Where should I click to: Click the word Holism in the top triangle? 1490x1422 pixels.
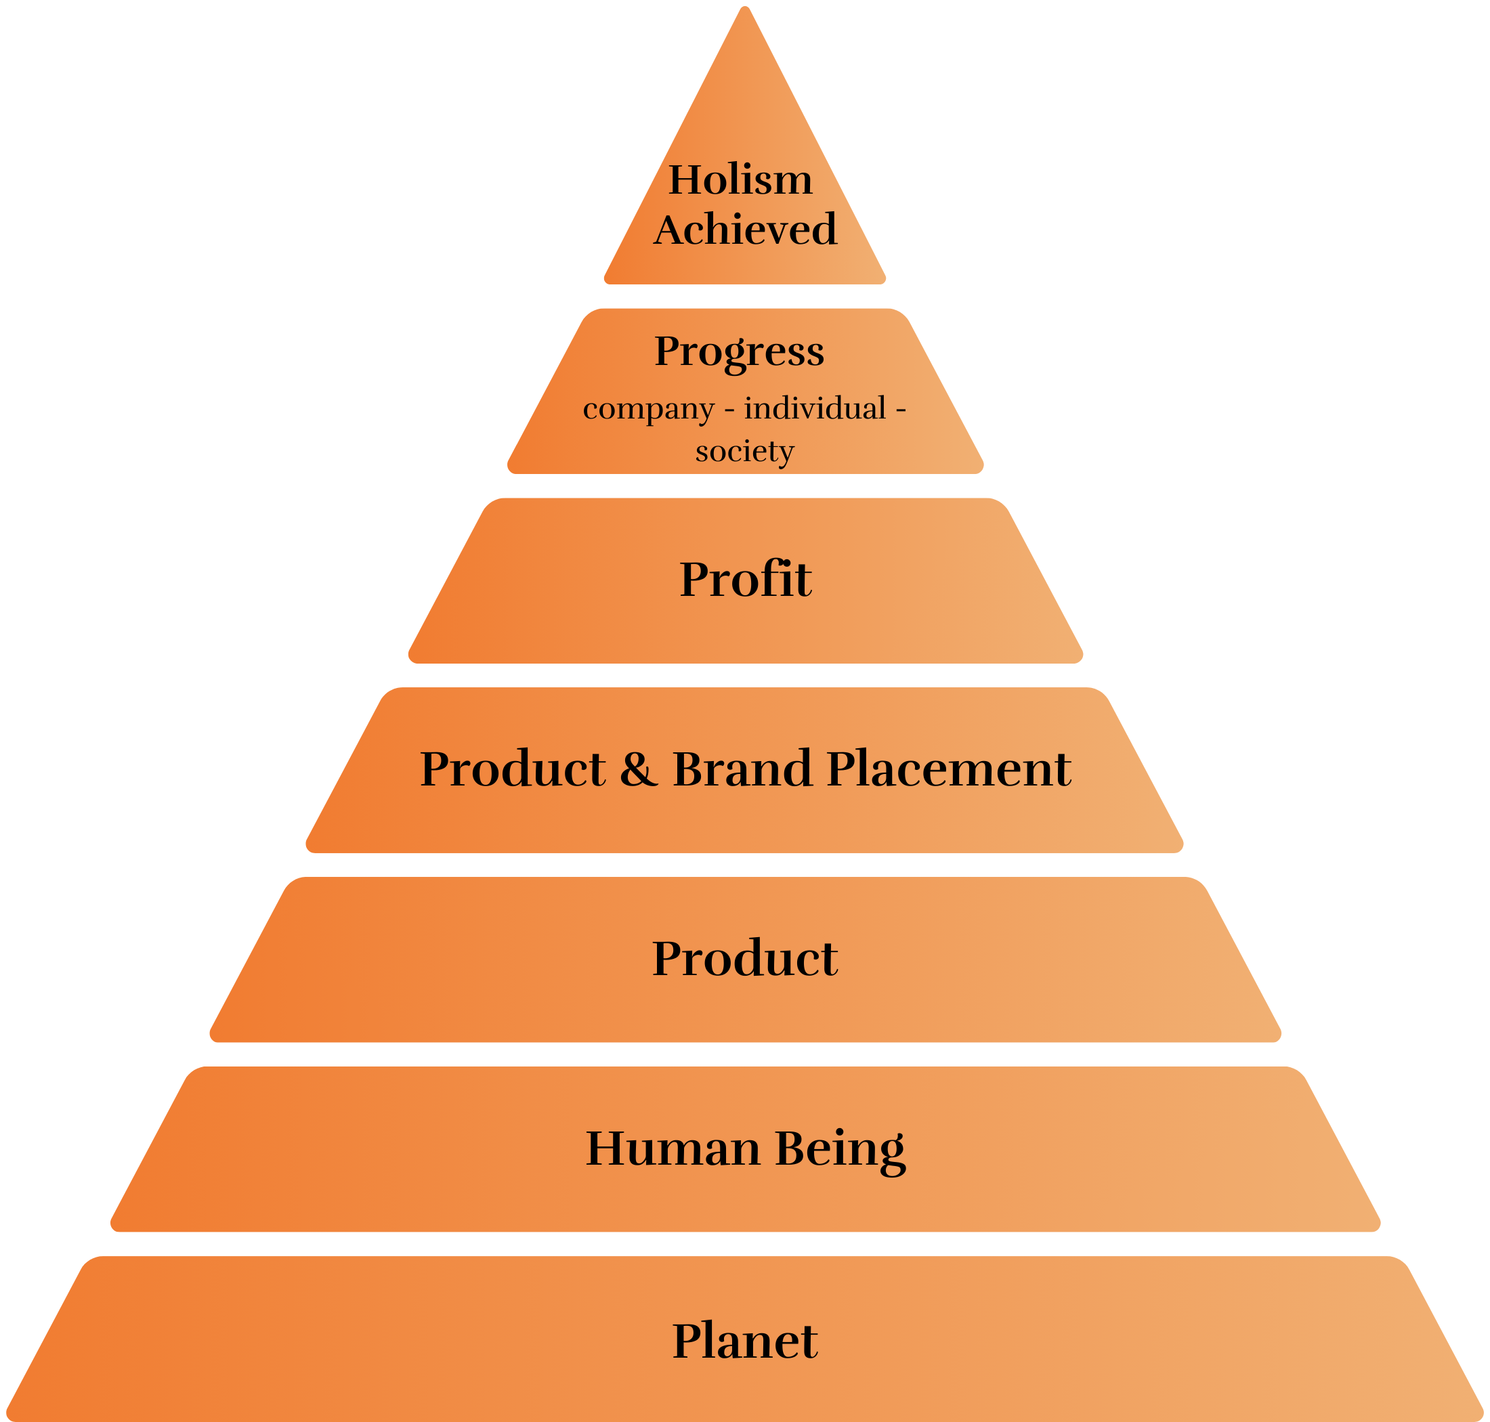pos(740,179)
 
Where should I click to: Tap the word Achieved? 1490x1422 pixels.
pos(746,229)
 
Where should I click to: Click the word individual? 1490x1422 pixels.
pos(815,408)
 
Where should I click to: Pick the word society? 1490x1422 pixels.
pos(744,452)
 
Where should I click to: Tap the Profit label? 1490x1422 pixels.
pos(746,579)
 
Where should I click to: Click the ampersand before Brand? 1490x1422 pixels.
pos(639,769)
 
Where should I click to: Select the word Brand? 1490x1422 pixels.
pos(742,769)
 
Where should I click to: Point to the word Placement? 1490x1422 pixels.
pos(949,769)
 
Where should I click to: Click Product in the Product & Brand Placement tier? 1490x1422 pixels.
pos(513,769)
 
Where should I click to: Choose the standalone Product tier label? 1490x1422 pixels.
pos(746,958)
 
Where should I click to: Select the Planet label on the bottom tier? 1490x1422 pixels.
pos(746,1340)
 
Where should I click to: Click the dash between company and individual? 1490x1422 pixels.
pos(729,410)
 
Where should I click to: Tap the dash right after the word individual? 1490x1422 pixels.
pos(901,410)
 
